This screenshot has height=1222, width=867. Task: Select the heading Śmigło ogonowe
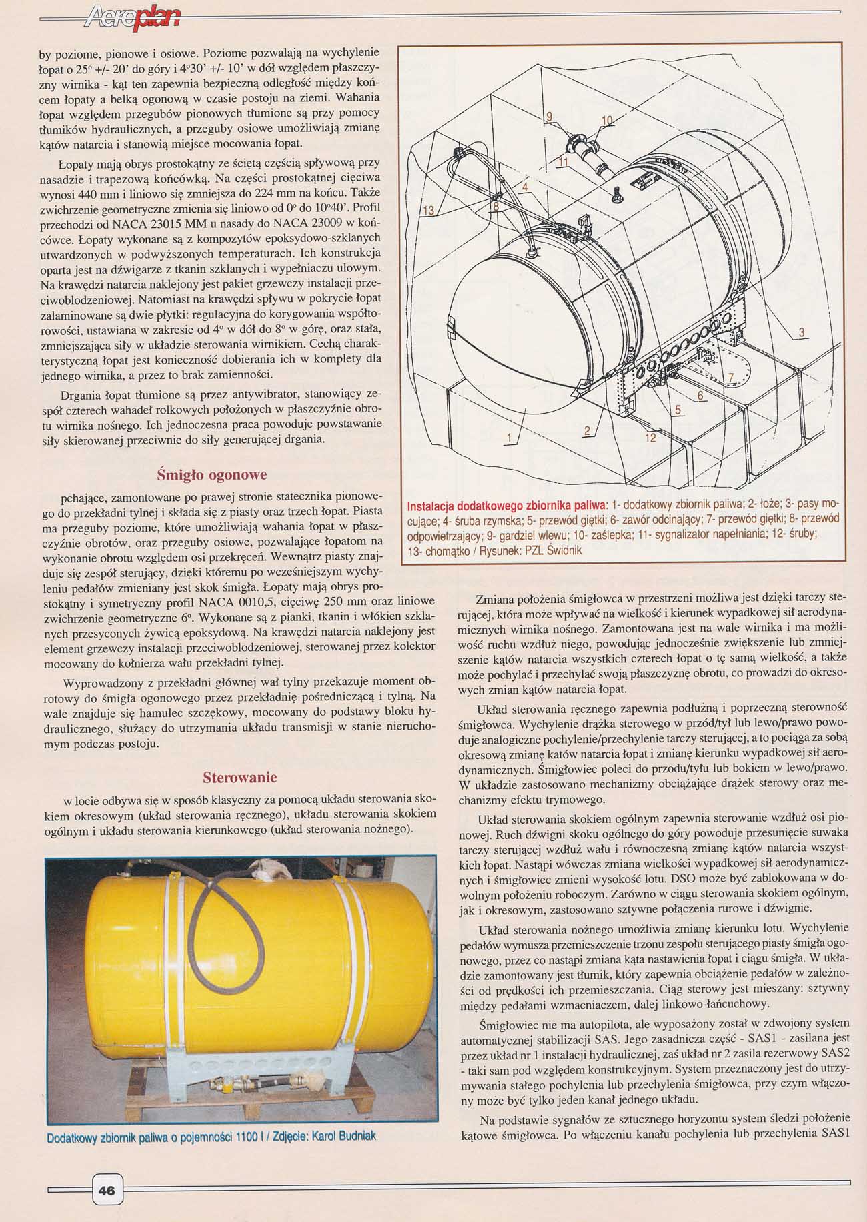click(x=211, y=475)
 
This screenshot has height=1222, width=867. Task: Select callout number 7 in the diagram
click(x=730, y=378)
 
